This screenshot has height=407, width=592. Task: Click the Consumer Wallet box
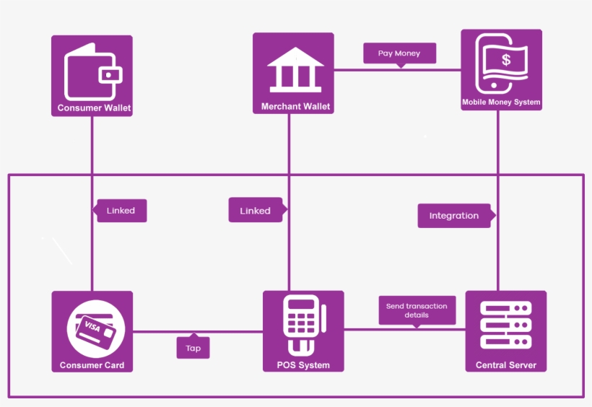point(92,76)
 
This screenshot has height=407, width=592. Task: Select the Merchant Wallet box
point(293,74)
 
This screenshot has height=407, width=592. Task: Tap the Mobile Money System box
point(501,70)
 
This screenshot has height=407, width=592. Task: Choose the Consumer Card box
point(92,331)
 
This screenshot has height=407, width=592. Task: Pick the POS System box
point(303,331)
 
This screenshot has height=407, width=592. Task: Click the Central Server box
point(505,331)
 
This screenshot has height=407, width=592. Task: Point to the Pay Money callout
point(399,53)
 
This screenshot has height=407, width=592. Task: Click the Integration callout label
point(454,216)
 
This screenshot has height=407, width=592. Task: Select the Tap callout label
point(193,348)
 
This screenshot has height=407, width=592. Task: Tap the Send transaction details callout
point(417,310)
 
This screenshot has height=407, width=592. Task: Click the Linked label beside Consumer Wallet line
point(121,211)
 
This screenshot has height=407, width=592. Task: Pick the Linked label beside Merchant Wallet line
point(255,211)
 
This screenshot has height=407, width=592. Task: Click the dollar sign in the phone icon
point(506,60)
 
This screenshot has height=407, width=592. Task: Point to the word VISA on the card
point(92,325)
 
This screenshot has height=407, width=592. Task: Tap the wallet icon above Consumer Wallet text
point(92,73)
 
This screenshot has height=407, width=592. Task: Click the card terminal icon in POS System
point(303,325)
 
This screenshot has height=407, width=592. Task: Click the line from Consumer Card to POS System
point(155,332)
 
